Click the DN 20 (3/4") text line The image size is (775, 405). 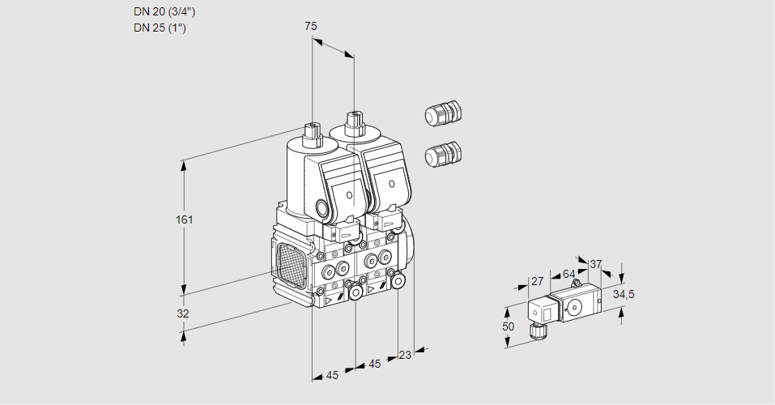point(164,12)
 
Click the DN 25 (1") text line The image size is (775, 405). point(160,28)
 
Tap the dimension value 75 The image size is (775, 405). point(310,26)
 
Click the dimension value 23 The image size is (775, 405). point(405,354)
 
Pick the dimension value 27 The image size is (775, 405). point(536,282)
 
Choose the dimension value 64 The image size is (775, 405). point(568,274)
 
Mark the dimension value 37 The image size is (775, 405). point(596,264)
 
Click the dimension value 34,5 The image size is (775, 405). point(624,293)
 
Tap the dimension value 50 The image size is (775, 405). point(508,326)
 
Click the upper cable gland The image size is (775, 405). point(442,114)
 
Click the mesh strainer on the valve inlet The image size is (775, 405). point(291,265)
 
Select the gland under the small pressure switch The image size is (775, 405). point(534,330)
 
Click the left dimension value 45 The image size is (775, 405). point(332,375)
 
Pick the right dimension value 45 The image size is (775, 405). point(374,364)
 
